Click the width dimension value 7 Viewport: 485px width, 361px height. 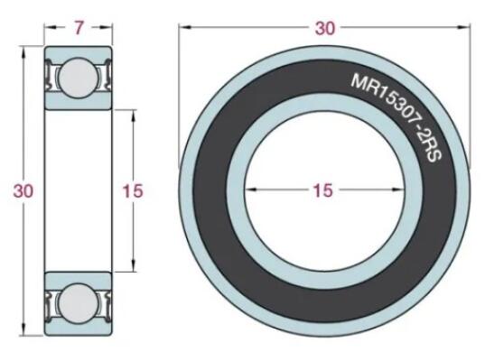point(79,29)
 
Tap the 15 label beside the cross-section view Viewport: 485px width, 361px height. point(133,191)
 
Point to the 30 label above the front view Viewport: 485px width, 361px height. point(324,28)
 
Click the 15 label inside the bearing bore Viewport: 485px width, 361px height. point(322,190)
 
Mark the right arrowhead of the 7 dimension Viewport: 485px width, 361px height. point(108,29)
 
